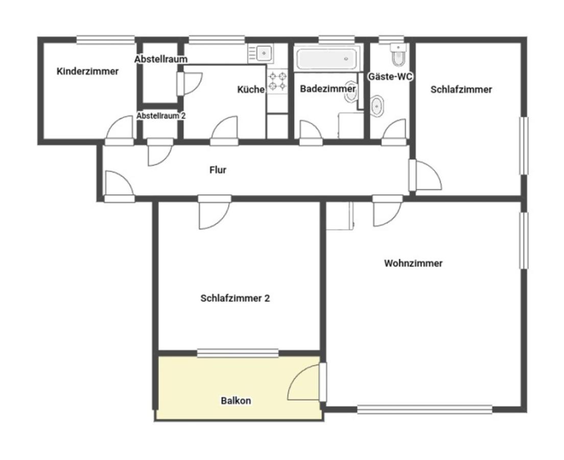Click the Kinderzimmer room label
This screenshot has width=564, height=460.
click(87, 71)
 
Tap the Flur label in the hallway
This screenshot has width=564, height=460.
click(218, 170)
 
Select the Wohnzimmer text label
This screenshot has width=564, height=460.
click(413, 263)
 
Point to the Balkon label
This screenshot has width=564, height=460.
click(236, 401)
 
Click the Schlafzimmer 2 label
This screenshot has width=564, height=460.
click(235, 298)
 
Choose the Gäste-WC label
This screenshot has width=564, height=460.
click(390, 76)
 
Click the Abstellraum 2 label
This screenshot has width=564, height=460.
click(161, 116)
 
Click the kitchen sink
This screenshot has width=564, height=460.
click(264, 53)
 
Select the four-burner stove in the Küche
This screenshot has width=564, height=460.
click(277, 81)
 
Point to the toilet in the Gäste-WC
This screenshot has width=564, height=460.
click(398, 55)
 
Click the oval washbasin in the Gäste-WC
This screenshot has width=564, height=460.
click(377, 106)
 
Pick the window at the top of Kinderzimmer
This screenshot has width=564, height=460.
click(106, 39)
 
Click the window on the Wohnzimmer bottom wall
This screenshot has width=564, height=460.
click(425, 409)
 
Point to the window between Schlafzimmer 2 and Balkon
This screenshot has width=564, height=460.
click(238, 353)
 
